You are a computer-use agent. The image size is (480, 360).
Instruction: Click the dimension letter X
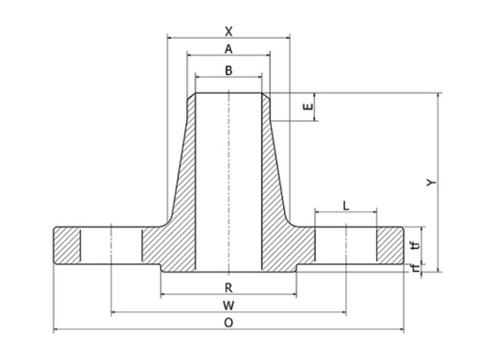(228, 32)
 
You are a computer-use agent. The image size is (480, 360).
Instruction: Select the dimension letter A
(228, 49)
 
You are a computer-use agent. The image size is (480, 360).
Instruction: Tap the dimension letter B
(228, 70)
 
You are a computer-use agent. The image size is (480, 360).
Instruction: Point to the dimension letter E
(308, 107)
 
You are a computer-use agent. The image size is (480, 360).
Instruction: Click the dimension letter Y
(432, 182)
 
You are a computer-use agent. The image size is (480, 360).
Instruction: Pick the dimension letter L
(346, 205)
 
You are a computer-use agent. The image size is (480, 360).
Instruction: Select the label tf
(416, 246)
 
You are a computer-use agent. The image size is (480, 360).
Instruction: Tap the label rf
(416, 268)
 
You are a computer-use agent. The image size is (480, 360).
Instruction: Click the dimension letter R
(228, 288)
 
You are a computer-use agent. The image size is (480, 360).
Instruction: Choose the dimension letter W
(228, 305)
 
